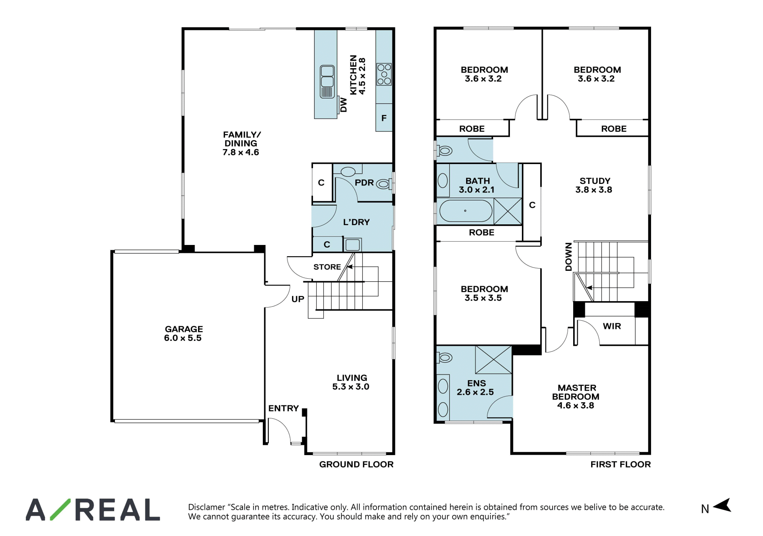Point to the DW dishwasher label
pyautogui.click(x=344, y=105)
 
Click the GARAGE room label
pyautogui.click(x=184, y=329)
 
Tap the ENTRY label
pyautogui.click(x=283, y=408)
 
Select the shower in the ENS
pyautogui.click(x=493, y=360)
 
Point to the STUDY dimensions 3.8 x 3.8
pyautogui.click(x=594, y=190)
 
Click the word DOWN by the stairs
pyautogui.click(x=569, y=257)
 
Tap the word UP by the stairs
pyautogui.click(x=298, y=299)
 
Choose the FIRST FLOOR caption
pyautogui.click(x=620, y=464)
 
